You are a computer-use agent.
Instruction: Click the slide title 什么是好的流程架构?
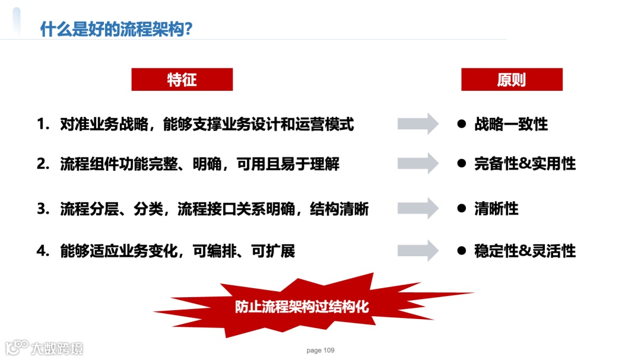(x=116, y=28)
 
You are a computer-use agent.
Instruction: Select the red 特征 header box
(x=182, y=79)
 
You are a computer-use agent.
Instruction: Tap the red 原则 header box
(x=512, y=79)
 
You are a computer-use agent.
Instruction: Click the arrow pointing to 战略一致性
(x=418, y=123)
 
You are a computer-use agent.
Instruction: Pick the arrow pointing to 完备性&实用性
(x=418, y=163)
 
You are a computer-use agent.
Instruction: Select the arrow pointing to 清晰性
(x=418, y=208)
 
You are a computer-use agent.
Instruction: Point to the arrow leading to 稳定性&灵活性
(x=418, y=250)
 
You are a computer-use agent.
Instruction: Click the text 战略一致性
(x=510, y=124)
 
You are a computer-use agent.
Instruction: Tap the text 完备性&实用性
(x=525, y=164)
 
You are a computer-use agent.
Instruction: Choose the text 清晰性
(x=496, y=209)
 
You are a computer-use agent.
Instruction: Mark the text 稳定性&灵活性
(x=525, y=251)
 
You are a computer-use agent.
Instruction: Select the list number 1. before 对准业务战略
(x=43, y=125)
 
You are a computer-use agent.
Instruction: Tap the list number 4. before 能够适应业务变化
(x=43, y=251)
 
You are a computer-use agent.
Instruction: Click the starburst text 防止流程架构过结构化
(x=302, y=307)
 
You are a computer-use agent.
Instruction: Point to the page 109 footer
(x=320, y=351)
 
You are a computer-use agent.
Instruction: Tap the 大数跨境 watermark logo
(x=45, y=347)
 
